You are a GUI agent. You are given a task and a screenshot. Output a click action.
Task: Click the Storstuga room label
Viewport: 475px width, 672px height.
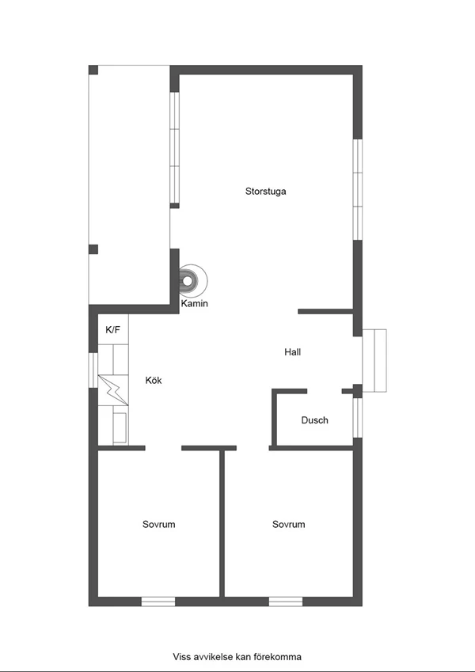tap(265, 192)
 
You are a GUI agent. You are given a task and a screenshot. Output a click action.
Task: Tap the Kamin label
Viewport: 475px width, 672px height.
tap(194, 303)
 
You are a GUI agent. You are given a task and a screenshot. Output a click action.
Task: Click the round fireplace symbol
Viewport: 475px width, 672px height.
tap(192, 281)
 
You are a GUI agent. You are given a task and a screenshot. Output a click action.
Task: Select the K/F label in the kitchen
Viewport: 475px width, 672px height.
tap(112, 329)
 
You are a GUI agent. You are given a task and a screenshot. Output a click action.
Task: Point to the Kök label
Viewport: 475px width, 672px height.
tap(154, 380)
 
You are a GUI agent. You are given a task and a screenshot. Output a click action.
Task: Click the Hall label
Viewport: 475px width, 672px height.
tap(292, 352)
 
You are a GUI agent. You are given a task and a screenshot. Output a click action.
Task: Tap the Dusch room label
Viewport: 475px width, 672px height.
tap(314, 420)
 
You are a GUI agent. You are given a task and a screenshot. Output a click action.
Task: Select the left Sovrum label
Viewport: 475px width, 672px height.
tap(158, 524)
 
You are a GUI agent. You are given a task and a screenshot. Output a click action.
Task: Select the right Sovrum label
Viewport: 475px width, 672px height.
tap(288, 524)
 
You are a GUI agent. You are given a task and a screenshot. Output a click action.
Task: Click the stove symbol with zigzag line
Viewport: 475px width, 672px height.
tap(113, 390)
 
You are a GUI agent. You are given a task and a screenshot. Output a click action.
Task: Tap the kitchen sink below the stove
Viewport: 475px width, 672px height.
tap(120, 428)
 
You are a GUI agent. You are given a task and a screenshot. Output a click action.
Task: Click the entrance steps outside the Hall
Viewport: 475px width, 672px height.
tap(374, 360)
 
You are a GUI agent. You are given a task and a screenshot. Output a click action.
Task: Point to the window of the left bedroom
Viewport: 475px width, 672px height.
tap(158, 602)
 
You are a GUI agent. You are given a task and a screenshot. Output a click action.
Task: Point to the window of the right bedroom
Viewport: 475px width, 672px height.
tap(286, 602)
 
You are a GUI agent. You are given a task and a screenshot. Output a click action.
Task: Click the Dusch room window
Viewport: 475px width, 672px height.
tap(358, 418)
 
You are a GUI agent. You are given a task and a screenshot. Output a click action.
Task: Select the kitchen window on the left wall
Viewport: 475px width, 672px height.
tap(93, 370)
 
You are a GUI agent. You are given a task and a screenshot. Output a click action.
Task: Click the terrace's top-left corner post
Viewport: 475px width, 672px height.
tap(93, 70)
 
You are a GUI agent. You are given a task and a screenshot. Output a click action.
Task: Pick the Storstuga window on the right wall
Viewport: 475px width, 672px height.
tap(358, 189)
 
